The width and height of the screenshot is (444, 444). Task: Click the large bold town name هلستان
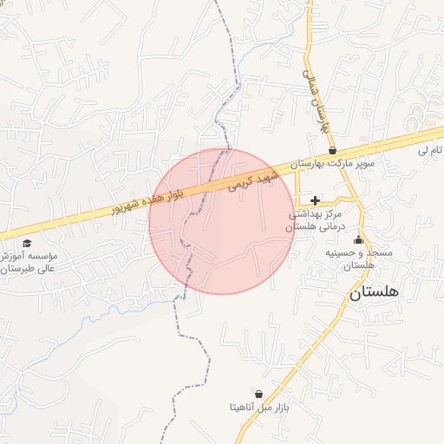coord(375,294)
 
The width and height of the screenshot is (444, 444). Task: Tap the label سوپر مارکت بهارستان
coord(332,163)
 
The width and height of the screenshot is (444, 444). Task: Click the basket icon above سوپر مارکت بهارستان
coord(332,150)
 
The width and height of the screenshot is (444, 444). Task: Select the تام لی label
coord(428,151)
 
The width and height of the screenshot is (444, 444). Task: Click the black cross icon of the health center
coord(314,200)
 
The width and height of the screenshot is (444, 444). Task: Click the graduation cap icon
coord(27,244)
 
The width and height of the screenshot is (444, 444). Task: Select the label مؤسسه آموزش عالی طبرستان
coord(29,263)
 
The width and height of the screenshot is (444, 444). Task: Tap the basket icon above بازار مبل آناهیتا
coord(258,394)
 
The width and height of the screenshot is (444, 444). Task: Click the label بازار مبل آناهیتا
coord(258,407)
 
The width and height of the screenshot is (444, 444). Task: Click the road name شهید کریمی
coord(251,179)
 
